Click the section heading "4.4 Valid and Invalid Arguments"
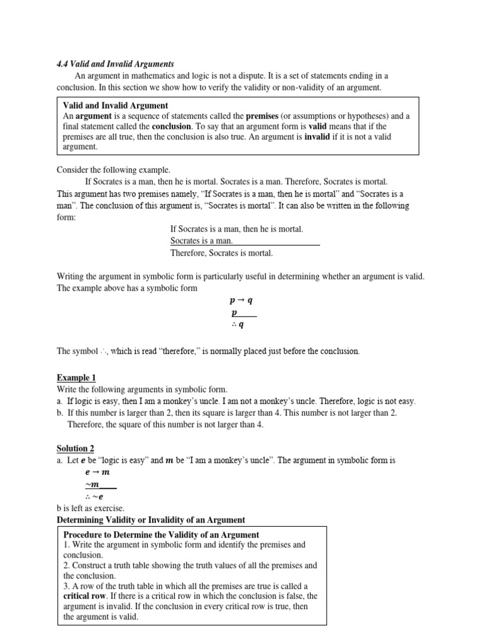[x=115, y=64]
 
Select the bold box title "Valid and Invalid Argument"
[x=116, y=105]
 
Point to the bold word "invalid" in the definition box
[x=317, y=136]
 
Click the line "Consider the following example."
[x=114, y=170]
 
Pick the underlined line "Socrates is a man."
[x=201, y=240]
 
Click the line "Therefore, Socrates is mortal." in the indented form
[x=221, y=253]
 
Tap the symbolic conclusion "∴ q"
[x=238, y=325]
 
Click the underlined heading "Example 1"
[x=76, y=377]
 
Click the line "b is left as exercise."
[x=91, y=508]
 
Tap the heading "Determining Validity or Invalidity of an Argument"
[x=151, y=520]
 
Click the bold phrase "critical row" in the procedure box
[x=85, y=596]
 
